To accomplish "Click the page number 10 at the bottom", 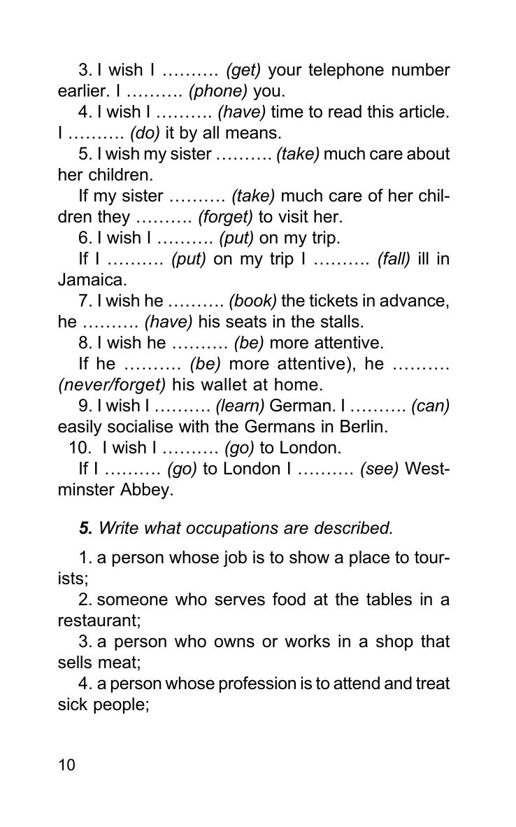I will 66,765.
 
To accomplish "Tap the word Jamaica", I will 91,280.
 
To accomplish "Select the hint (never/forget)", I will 112,385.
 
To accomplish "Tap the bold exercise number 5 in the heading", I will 85,528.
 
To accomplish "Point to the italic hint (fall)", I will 394,259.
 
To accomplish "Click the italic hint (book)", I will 252,301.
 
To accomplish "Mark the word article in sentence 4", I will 421,112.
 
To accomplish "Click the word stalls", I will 342,322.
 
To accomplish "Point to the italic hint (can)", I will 430,406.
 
